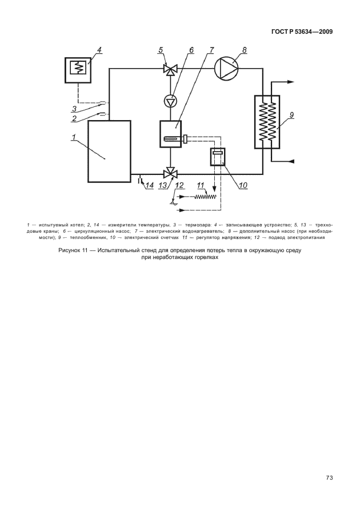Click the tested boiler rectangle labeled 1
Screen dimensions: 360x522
pos(109,152)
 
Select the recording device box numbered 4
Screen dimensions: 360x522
pos(78,70)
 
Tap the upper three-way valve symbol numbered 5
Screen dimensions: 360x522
pos(170,70)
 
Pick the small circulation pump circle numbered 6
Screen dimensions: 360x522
pos(170,101)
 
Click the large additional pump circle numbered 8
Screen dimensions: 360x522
pos(227,69)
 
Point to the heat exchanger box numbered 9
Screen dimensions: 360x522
pos(267,122)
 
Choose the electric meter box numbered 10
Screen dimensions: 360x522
pos(218,156)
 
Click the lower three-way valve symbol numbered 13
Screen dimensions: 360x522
pos(170,173)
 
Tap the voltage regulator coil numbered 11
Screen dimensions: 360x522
pos(206,197)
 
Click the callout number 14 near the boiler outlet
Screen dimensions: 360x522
pos(150,185)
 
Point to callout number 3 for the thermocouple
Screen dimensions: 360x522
pos(74,109)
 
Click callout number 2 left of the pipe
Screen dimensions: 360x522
pos(74,118)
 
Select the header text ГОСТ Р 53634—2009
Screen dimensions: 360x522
pos(302,32)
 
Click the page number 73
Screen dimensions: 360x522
pos(329,478)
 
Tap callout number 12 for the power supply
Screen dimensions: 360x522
pos(179,185)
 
